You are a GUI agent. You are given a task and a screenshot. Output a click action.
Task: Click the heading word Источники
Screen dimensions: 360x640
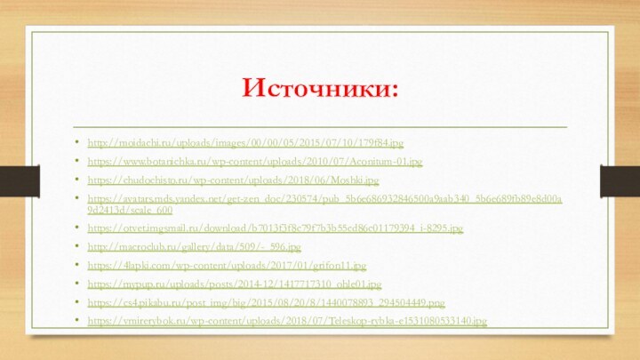320,89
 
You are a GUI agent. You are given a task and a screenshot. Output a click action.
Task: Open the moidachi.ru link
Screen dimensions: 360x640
245,143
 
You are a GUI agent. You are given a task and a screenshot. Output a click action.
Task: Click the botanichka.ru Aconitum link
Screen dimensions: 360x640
255,163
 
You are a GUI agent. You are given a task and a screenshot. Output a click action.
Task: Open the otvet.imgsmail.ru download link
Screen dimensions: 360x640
275,229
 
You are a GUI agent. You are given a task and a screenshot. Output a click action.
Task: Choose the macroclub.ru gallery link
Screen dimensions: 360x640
194,247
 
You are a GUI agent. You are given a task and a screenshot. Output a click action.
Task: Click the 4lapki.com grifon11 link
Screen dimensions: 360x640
227,266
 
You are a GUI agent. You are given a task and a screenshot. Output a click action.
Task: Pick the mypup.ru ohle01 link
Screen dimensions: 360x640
235,284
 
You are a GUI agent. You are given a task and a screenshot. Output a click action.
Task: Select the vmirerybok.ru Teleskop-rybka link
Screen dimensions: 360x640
287,321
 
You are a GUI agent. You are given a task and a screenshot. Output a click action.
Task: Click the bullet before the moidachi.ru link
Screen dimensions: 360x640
80,143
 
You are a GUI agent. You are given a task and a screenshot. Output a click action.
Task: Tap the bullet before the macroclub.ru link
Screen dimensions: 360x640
80,247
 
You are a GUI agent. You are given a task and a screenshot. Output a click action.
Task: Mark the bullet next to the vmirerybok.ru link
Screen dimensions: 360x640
80,321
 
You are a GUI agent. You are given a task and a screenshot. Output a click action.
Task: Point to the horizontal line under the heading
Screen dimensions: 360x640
320,127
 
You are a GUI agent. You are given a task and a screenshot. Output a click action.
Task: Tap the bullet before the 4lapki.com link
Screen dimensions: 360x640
80,266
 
